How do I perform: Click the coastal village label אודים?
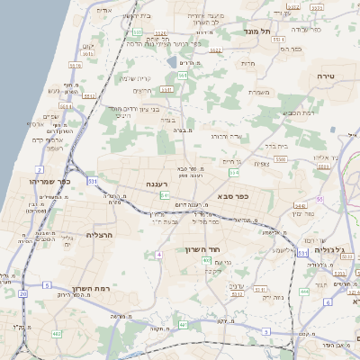pyautogui.click(x=104, y=10)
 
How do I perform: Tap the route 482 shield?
pyautogui.click(x=56, y=334)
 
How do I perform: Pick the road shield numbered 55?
pyautogui.click(x=319, y=200)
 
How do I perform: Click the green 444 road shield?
pyautogui.click(x=304, y=292)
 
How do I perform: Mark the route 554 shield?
pyautogui.click(x=234, y=172)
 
